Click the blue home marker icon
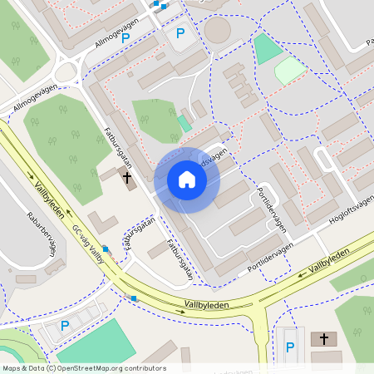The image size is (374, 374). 187,180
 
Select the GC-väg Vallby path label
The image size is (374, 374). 88,244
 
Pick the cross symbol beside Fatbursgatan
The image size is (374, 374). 128,177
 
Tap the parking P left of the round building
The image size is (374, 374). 180,35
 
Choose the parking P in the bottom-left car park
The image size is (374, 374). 65,325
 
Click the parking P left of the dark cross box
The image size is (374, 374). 289,347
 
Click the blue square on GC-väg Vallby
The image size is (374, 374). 105,249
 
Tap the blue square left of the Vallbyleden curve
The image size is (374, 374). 134,298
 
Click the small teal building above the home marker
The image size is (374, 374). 184,123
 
